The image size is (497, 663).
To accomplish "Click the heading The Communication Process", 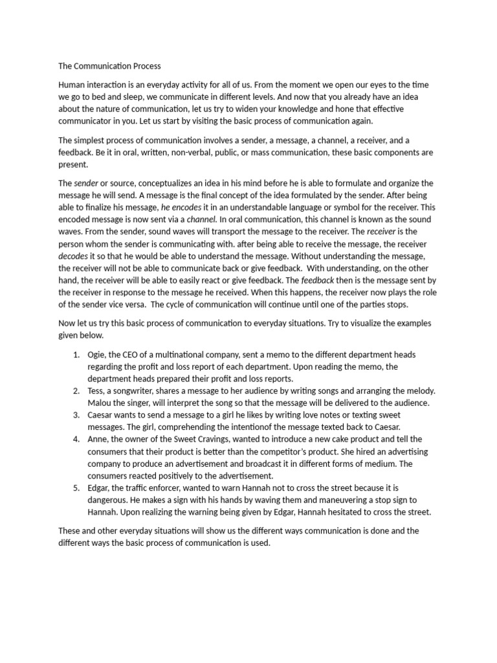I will click(x=109, y=66).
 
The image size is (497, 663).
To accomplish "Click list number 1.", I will click(x=76, y=355).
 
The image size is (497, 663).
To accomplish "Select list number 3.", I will click(x=76, y=415).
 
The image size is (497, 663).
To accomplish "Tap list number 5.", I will click(x=76, y=488).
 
